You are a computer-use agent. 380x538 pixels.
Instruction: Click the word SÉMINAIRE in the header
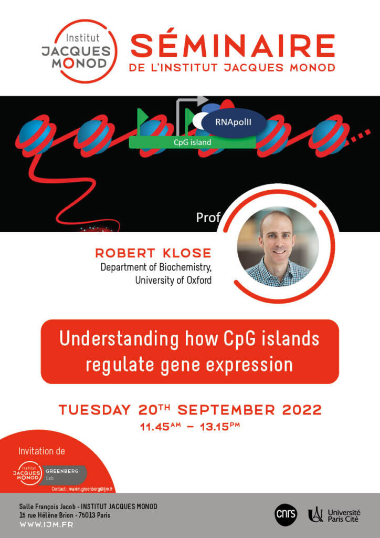233,46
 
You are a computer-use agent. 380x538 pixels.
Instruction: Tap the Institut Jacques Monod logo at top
79,51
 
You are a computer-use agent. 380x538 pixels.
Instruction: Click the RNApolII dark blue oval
234,122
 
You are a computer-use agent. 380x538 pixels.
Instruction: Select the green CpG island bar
192,142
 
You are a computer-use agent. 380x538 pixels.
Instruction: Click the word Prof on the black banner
208,218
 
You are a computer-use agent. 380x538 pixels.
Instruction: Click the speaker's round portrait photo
278,247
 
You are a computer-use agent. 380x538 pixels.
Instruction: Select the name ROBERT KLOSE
153,253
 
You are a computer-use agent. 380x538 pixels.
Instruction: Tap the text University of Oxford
173,281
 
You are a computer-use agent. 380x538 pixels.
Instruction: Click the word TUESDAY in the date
94,410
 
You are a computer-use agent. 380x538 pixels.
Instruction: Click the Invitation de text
41,451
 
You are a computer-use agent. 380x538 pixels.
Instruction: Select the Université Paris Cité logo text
344,516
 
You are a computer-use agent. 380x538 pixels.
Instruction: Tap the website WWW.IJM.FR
46,524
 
